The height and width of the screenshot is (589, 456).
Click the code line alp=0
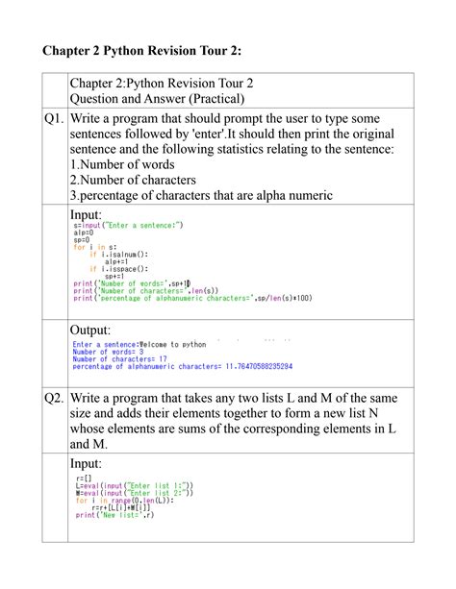[83, 233]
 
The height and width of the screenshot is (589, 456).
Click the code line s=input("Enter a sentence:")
[127, 225]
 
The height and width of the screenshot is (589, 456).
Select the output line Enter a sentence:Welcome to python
[139, 344]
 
